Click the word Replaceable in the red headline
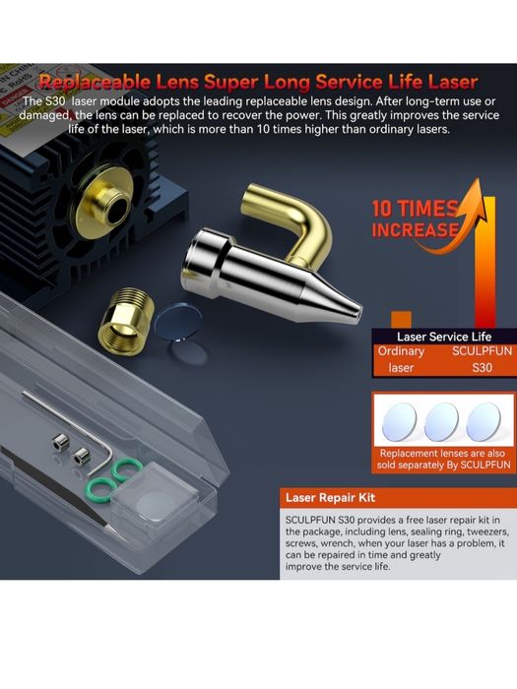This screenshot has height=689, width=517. pos(95,82)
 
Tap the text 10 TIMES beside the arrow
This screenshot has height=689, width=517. pos(415,209)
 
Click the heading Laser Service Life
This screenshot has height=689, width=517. pos(444,337)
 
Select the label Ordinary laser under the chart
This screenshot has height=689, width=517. pos(401,359)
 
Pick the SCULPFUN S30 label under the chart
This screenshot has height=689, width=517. pos(483,359)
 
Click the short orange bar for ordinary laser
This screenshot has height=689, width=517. pos(402,320)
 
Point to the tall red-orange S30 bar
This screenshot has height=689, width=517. pos(485,264)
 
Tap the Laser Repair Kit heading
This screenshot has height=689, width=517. pos(330,497)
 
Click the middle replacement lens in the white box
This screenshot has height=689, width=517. pos(442,422)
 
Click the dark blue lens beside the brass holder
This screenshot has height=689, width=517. pos(177,323)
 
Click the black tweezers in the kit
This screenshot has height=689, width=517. pos(57,488)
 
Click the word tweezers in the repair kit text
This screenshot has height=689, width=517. pos(487,532)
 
